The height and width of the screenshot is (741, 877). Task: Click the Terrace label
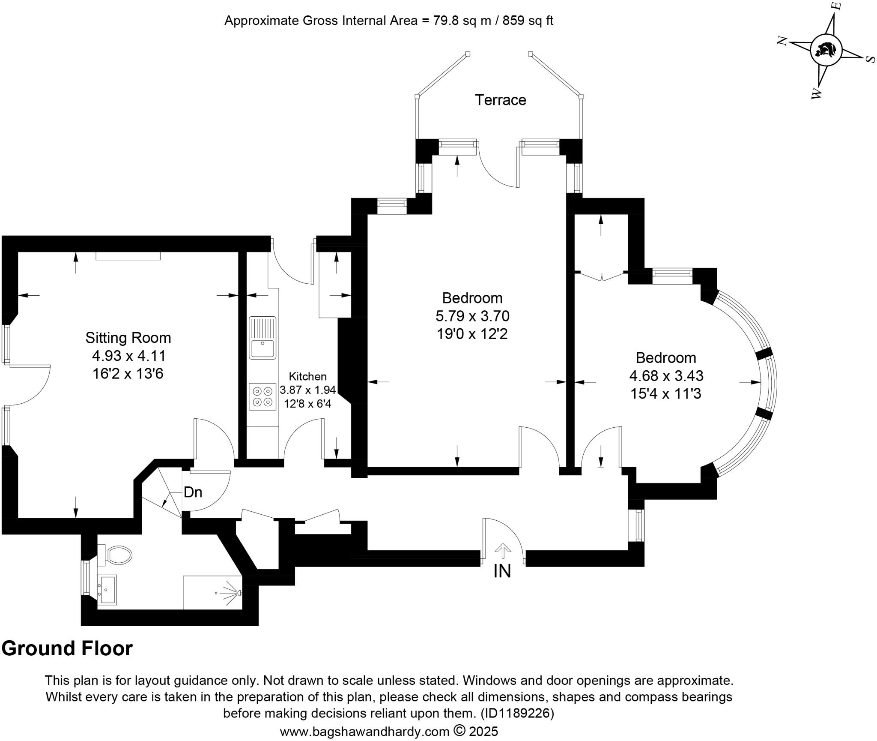pyautogui.click(x=500, y=100)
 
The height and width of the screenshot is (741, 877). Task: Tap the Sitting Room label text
pyautogui.click(x=128, y=338)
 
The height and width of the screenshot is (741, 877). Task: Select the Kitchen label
pyautogui.click(x=307, y=376)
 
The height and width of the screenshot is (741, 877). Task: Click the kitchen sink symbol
pyautogui.click(x=263, y=338)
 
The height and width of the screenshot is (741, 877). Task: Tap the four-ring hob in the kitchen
pyautogui.click(x=263, y=396)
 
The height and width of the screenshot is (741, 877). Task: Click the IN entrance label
pyautogui.click(x=502, y=571)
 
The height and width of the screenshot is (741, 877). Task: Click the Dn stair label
pyautogui.click(x=193, y=492)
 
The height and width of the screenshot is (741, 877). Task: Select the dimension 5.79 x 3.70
pyautogui.click(x=472, y=316)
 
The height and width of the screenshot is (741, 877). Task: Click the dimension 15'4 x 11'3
pyautogui.click(x=666, y=393)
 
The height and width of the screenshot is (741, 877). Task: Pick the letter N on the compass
pyautogui.click(x=783, y=41)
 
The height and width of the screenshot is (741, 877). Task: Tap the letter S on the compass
pyautogui.click(x=870, y=59)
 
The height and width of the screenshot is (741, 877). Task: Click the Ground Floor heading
pyautogui.click(x=67, y=648)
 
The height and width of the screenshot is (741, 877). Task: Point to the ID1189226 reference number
pyautogui.click(x=517, y=714)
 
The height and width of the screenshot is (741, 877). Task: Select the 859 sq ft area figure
pyautogui.click(x=528, y=21)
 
